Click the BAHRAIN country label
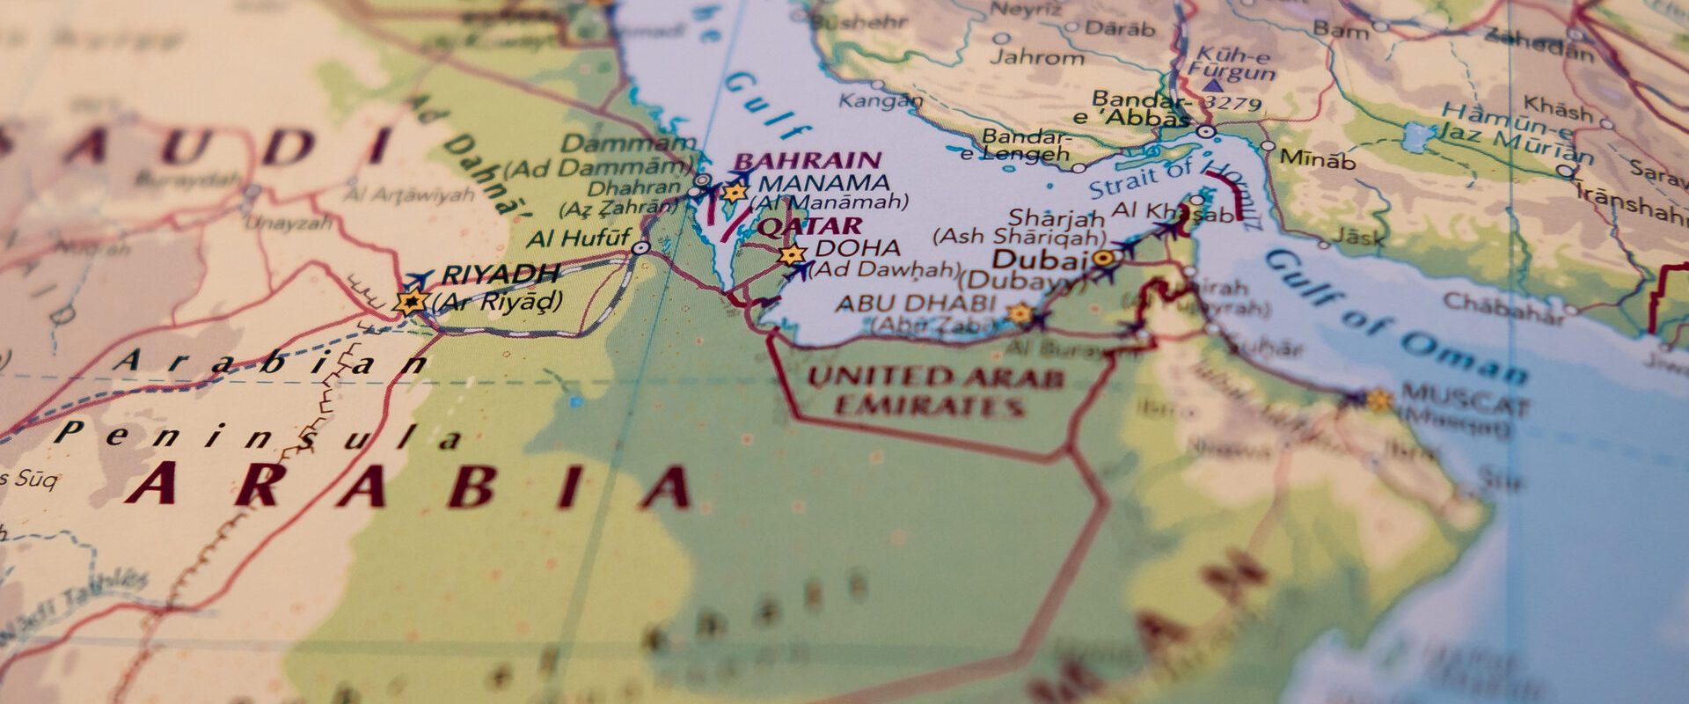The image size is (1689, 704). click(808, 161)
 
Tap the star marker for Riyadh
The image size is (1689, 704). click(410, 302)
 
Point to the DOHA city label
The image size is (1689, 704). click(858, 248)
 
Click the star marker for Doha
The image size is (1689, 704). click(793, 255)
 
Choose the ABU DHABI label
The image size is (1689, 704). click(915, 304)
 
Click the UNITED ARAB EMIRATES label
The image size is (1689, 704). click(935, 392)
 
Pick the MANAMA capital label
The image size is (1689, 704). click(823, 184)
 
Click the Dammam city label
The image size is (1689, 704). click(628, 143)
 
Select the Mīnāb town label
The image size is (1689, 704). click(1317, 160)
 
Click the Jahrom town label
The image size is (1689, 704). click(1037, 58)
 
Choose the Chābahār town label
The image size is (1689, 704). click(1503, 307)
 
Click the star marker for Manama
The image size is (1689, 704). click(733, 192)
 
